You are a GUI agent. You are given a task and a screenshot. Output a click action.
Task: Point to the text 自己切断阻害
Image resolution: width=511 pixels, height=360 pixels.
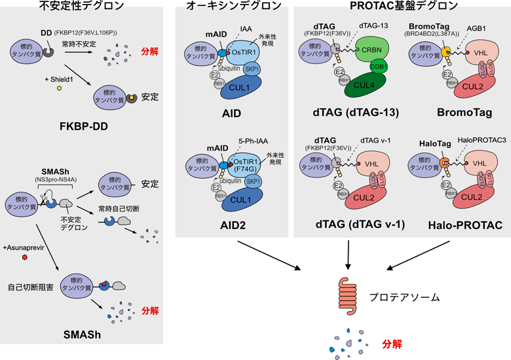pyautogui.click(x=30, y=286)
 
